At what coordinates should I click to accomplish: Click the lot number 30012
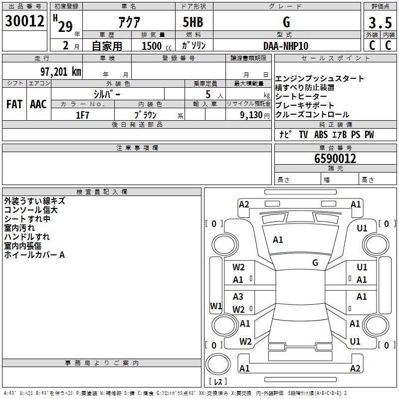pyautogui.click(x=24, y=21)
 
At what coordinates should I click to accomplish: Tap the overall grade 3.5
pyautogui.click(x=380, y=22)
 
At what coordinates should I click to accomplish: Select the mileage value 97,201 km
pyautogui.click(x=61, y=72)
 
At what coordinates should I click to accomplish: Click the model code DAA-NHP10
pyautogui.click(x=286, y=46)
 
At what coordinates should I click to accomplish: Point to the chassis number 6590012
pyautogui.click(x=335, y=159)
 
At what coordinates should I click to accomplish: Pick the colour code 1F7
pyautogui.click(x=82, y=115)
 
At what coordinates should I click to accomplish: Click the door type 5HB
pyautogui.click(x=193, y=22)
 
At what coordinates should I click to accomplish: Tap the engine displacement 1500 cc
pyautogui.click(x=157, y=46)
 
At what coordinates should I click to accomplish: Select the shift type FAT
pyautogui.click(x=14, y=104)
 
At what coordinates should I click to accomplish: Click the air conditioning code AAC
pyautogui.click(x=38, y=104)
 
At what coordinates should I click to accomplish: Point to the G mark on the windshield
pyautogui.click(x=315, y=263)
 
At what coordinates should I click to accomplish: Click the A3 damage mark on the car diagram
pyautogui.click(x=238, y=296)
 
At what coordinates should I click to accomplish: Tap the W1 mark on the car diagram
pyautogui.click(x=216, y=306)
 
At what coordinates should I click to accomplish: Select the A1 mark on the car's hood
pyautogui.click(x=278, y=240)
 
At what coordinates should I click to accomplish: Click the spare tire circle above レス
pyautogui.click(x=218, y=364)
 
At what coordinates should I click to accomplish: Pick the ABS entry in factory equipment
pyautogui.click(x=321, y=135)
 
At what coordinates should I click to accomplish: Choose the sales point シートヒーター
pyautogui.click(x=301, y=96)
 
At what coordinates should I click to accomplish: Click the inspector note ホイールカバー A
pyautogui.click(x=34, y=255)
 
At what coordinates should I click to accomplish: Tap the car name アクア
pyautogui.click(x=129, y=22)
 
